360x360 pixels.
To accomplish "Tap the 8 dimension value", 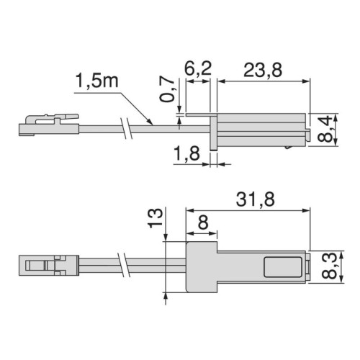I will pos(202,223).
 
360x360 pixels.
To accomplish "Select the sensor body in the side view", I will pos(261,127).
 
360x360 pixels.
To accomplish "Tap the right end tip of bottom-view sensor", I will pos(309,267).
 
